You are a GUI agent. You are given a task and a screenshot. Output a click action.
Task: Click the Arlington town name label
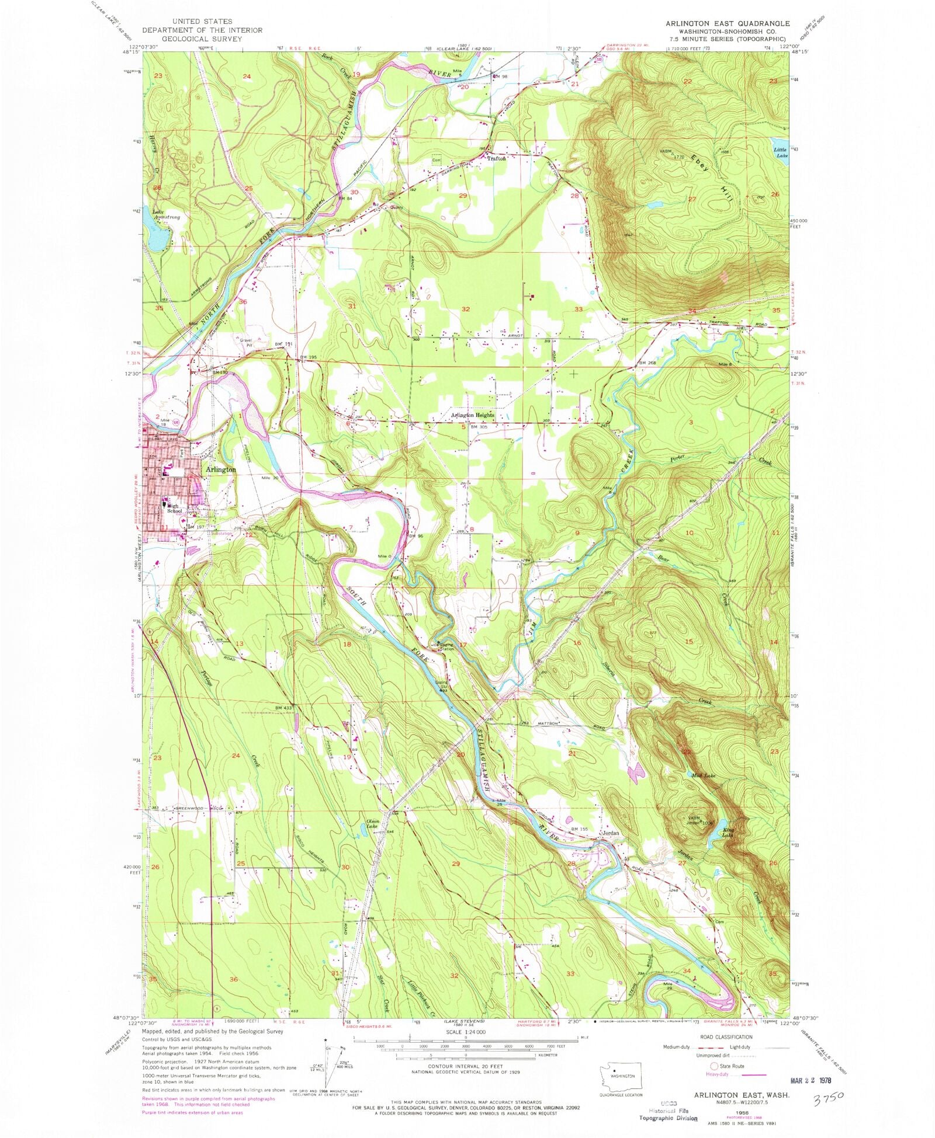(x=220, y=469)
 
